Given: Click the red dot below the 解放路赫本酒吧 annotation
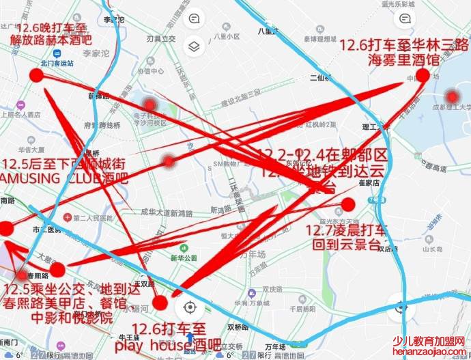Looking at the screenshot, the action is [x=36, y=75].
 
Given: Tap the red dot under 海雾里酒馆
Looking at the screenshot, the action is [x=423, y=75].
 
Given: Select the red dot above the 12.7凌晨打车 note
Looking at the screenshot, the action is [x=348, y=204].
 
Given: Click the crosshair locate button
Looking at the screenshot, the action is [x=190, y=308].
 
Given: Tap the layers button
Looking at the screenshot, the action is [x=195, y=46].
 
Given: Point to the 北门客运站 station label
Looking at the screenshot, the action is [x=57, y=63].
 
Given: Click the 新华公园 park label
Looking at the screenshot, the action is [x=183, y=258].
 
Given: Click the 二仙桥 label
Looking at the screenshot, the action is [x=318, y=78].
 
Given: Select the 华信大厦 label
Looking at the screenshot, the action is [x=31, y=148].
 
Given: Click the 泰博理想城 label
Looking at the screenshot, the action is [x=317, y=40].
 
